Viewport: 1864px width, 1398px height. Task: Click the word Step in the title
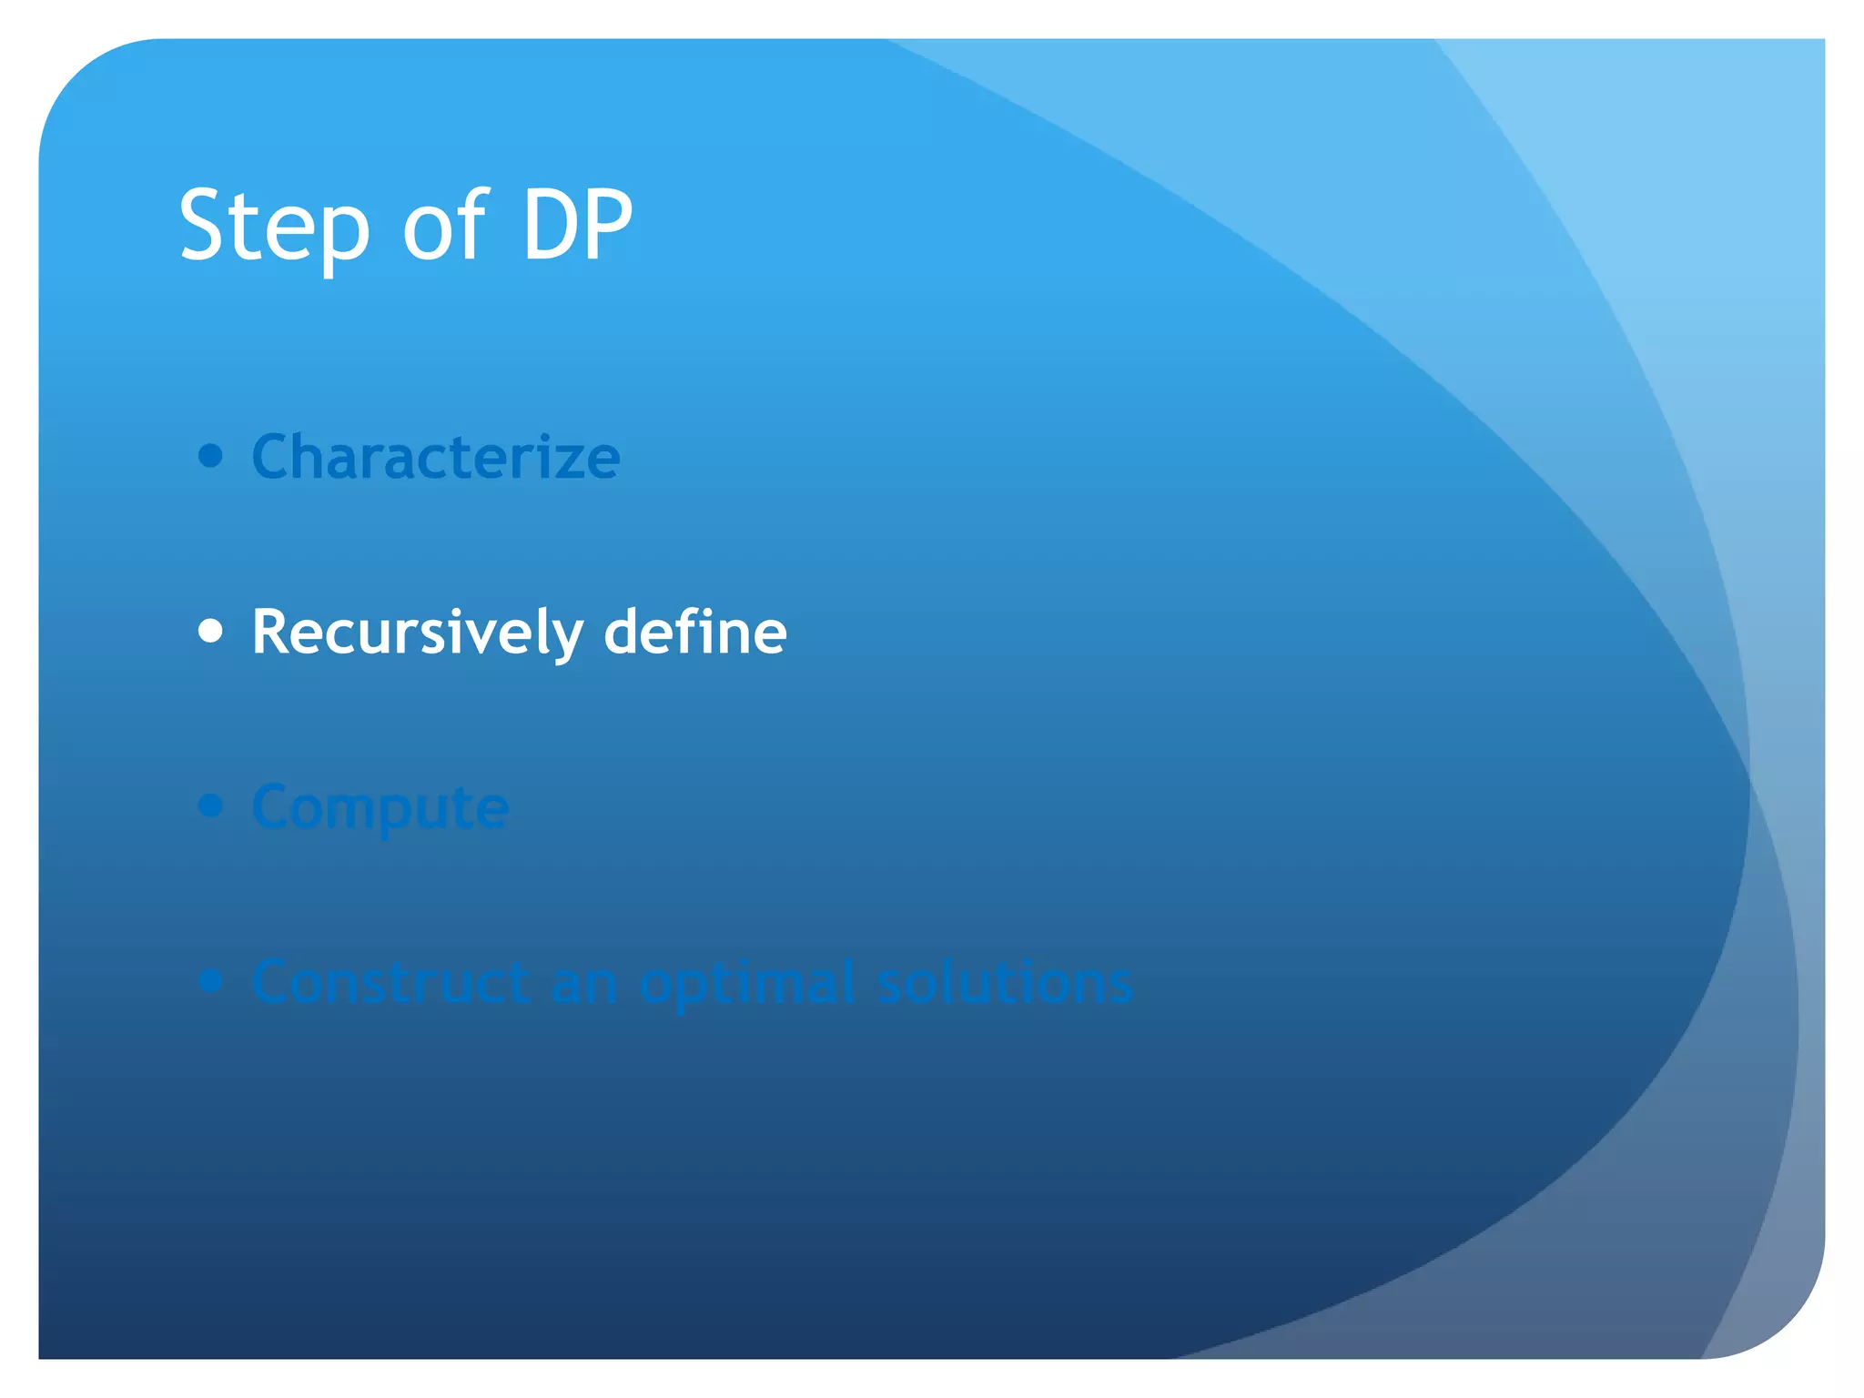click(274, 228)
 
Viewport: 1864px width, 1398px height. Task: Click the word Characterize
click(436, 457)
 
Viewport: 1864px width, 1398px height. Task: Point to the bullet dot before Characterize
click(210, 455)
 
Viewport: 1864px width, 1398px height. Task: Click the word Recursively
click(417, 633)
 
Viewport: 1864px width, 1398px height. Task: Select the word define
click(695, 632)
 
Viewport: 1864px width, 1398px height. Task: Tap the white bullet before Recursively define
click(210, 631)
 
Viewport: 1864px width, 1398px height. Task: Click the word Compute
click(380, 808)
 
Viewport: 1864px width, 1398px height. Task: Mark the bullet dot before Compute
click(210, 805)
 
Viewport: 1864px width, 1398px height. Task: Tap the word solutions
click(1005, 983)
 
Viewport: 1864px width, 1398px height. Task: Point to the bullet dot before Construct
click(210, 981)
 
